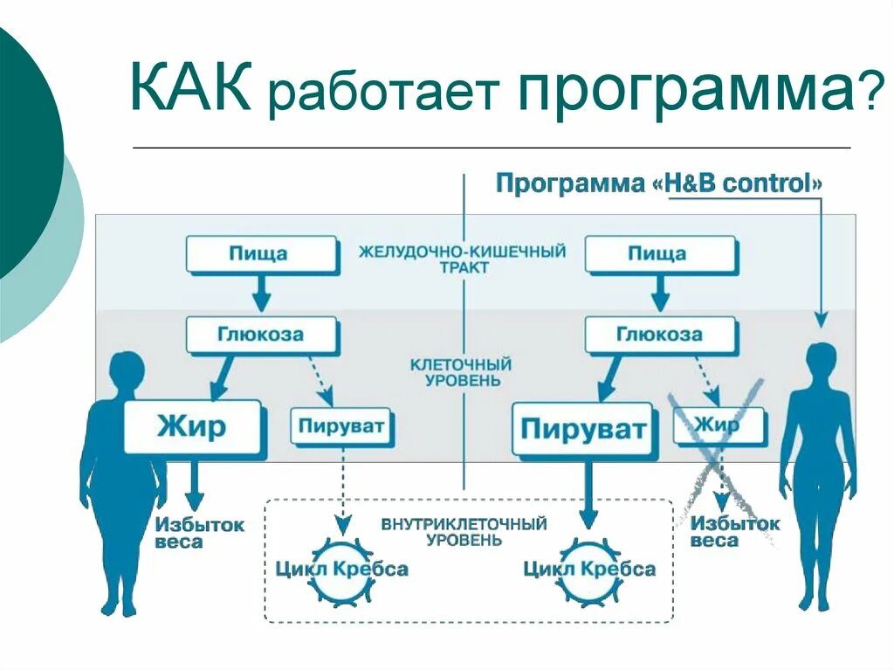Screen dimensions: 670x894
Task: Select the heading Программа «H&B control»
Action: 659,184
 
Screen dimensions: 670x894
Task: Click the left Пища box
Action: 259,255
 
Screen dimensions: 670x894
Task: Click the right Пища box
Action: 658,255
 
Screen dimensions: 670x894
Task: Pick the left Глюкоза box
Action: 259,335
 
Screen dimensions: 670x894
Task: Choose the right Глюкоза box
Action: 659,335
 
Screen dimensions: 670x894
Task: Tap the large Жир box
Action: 192,427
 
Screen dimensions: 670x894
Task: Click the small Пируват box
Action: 341,427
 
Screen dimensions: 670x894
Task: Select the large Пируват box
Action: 583,429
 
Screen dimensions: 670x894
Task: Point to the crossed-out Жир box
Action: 719,425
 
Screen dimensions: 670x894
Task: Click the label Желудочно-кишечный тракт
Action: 462,259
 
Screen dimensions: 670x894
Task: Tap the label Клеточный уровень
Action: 462,371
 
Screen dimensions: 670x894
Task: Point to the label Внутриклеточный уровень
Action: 464,531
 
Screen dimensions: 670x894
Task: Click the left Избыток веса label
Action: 200,533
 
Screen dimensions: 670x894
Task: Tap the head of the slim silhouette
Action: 821,360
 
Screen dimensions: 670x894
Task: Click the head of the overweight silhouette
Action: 127,370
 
